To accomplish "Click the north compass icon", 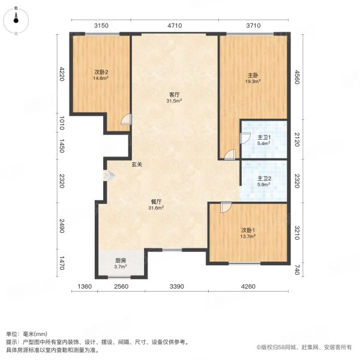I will click(x=16, y=20).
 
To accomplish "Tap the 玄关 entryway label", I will click(x=137, y=164).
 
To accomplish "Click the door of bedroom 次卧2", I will click(x=125, y=119).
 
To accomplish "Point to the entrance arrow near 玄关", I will click(x=107, y=176).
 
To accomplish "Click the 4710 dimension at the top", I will click(x=174, y=25).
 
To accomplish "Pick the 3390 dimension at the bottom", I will click(x=176, y=287).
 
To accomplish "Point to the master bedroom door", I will click(x=229, y=155).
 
